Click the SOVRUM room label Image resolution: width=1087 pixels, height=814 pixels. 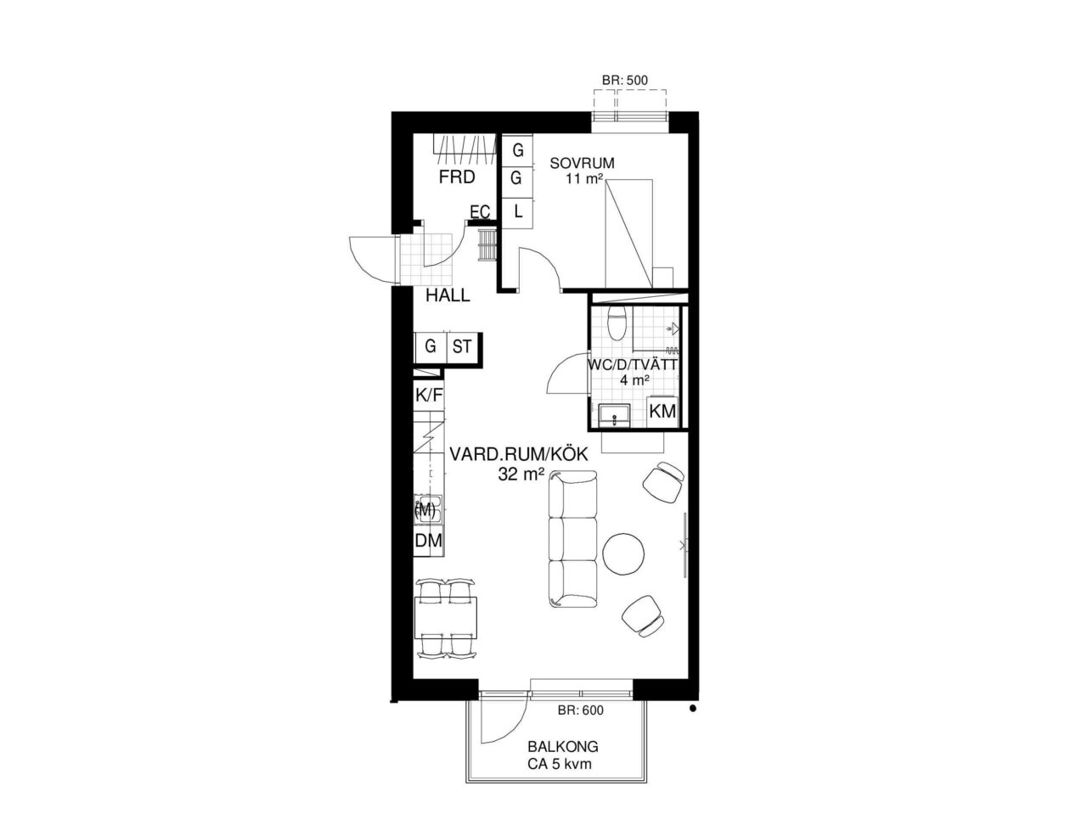[x=582, y=163]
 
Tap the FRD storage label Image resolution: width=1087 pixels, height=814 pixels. [x=457, y=177]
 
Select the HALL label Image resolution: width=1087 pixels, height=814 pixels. [x=448, y=295]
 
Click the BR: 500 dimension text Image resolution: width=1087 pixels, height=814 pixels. [x=625, y=80]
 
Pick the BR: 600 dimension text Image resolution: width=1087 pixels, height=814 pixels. [x=581, y=710]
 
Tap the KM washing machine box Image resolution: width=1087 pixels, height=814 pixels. [x=662, y=411]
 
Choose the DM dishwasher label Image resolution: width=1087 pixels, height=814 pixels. [x=428, y=541]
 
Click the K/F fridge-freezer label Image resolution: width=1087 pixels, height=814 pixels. [x=429, y=395]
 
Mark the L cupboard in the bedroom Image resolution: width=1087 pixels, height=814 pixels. [x=517, y=213]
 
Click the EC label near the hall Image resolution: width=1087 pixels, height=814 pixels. [x=480, y=212]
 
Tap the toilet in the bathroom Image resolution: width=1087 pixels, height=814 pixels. [x=617, y=323]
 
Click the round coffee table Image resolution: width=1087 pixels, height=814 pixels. [x=624, y=553]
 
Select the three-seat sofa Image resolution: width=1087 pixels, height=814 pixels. [x=573, y=539]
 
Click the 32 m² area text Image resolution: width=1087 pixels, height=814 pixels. [x=519, y=474]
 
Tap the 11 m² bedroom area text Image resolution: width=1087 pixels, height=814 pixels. [x=584, y=178]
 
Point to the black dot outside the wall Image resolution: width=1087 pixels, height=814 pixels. [x=693, y=709]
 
